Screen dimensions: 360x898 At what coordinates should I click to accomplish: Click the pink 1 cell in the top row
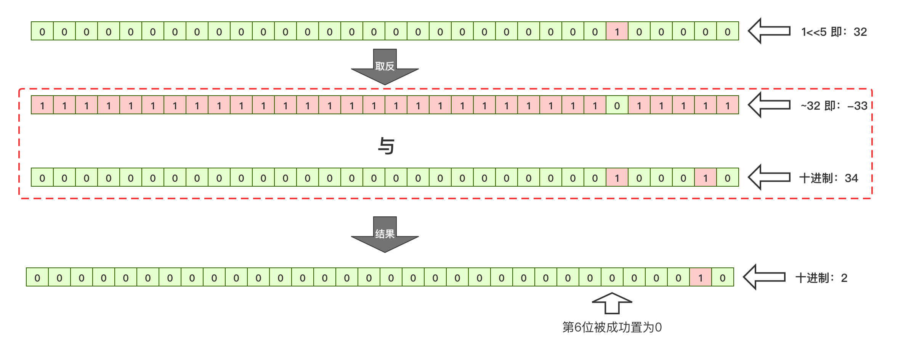point(617,31)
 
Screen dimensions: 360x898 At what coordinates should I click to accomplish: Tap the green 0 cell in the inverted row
point(617,105)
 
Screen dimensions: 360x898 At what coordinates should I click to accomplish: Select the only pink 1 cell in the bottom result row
point(700,277)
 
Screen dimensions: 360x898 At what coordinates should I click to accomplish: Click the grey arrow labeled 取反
point(385,67)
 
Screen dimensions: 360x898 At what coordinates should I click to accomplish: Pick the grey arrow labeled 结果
point(385,234)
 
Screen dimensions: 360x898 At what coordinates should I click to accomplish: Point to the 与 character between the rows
point(386,146)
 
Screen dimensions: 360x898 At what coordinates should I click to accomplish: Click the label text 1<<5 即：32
point(834,32)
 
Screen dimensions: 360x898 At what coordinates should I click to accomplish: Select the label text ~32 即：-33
point(834,106)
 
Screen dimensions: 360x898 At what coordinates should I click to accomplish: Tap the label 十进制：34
point(828,178)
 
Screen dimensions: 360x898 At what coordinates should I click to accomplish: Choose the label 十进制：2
point(821,278)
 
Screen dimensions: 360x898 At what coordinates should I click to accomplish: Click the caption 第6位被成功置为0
point(612,327)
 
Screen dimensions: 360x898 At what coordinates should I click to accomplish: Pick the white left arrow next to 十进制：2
point(764,277)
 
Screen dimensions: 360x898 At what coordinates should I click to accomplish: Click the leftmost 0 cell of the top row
point(42,31)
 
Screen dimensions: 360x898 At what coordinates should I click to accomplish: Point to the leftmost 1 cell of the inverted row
point(42,105)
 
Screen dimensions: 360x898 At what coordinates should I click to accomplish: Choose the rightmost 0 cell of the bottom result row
point(722,277)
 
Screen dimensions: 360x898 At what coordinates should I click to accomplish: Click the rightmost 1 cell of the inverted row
point(728,105)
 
